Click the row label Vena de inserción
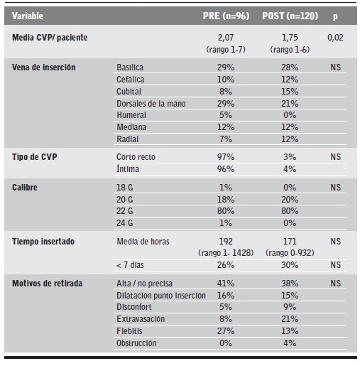click(x=44, y=67)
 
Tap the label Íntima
click(x=129, y=170)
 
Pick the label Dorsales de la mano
click(x=150, y=103)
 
